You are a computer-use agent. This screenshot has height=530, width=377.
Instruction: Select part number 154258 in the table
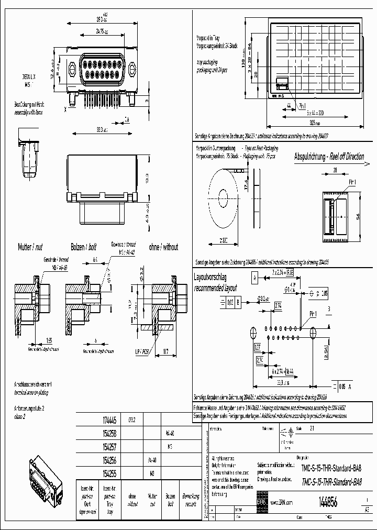pyautogui.click(x=110, y=434)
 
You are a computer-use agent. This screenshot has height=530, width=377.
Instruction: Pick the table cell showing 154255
pyautogui.click(x=110, y=472)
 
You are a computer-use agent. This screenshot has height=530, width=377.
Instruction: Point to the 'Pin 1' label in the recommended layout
pyautogui.click(x=313, y=313)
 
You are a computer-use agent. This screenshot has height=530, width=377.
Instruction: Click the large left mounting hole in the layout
pyautogui.click(x=252, y=332)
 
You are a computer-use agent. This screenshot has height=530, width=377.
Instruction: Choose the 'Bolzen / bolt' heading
pyautogui.click(x=84, y=247)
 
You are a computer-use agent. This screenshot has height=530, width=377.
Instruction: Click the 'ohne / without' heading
pyautogui.click(x=163, y=247)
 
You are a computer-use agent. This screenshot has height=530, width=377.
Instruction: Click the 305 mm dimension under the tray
pyautogui.click(x=313, y=122)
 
